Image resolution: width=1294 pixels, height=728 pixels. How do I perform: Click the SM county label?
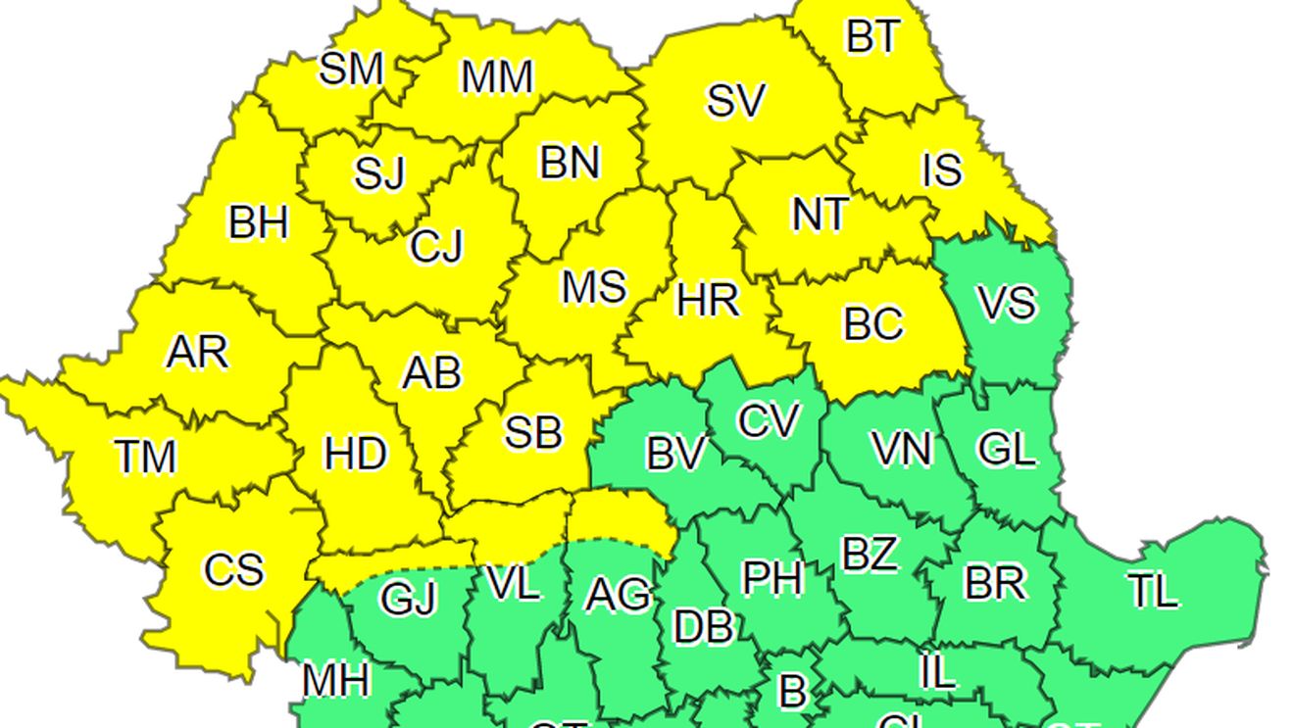click(351, 70)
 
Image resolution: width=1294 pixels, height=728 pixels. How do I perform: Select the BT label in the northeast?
click(871, 38)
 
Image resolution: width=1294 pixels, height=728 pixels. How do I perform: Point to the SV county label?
click(735, 101)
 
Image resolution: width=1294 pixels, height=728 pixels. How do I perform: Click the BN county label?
click(570, 163)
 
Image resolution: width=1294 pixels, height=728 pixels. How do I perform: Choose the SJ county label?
click(379, 175)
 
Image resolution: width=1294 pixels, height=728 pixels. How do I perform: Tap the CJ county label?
click(436, 247)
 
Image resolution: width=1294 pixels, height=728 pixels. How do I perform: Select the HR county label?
click(708, 300)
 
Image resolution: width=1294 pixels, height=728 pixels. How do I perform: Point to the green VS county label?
click(1007, 303)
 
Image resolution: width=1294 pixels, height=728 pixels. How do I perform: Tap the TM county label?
click(145, 457)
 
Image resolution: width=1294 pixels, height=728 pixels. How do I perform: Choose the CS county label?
click(233, 569)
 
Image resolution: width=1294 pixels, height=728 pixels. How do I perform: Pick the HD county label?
click(356, 455)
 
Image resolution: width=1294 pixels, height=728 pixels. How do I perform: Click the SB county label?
click(533, 432)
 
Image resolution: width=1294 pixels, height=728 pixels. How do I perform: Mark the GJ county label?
click(408, 599)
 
